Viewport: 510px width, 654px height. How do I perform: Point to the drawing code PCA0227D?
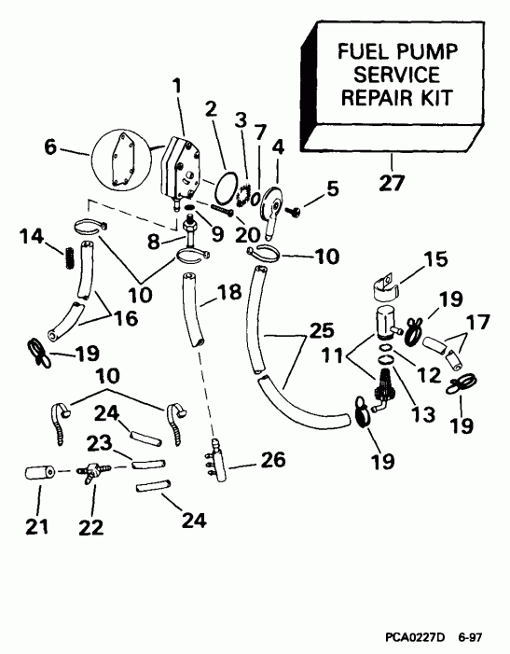(x=414, y=636)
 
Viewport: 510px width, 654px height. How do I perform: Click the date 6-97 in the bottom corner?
(x=472, y=636)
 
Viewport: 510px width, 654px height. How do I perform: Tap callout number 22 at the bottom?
(x=92, y=528)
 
